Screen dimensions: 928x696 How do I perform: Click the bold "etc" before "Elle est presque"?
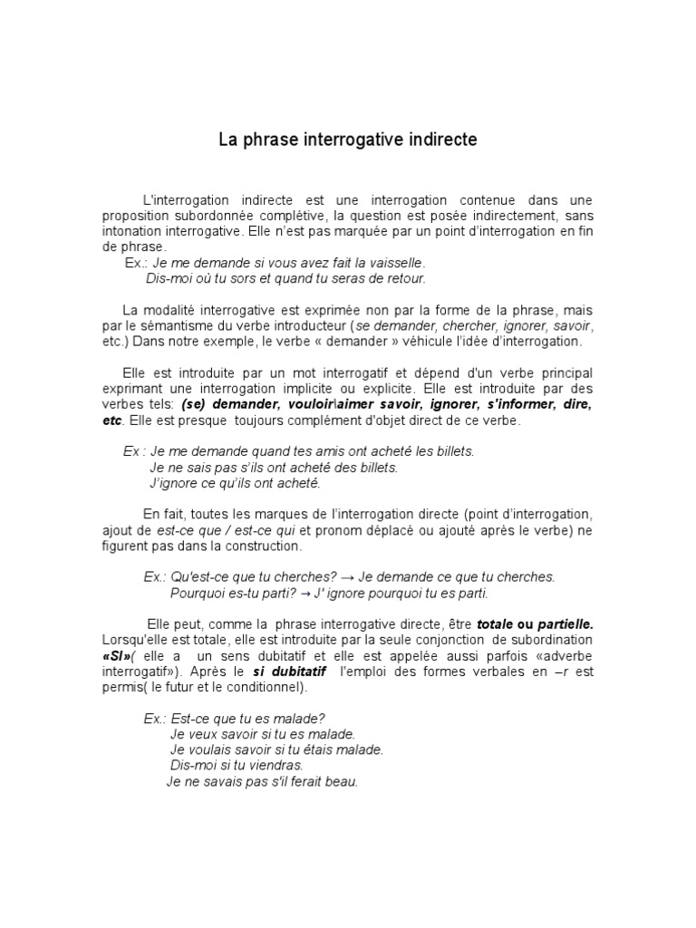tap(112, 420)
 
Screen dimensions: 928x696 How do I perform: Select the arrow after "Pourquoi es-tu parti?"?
tap(306, 594)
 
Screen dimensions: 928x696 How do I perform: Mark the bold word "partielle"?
tap(565, 625)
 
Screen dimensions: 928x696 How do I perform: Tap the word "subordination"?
tap(552, 641)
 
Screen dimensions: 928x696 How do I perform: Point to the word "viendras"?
tap(276, 766)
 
